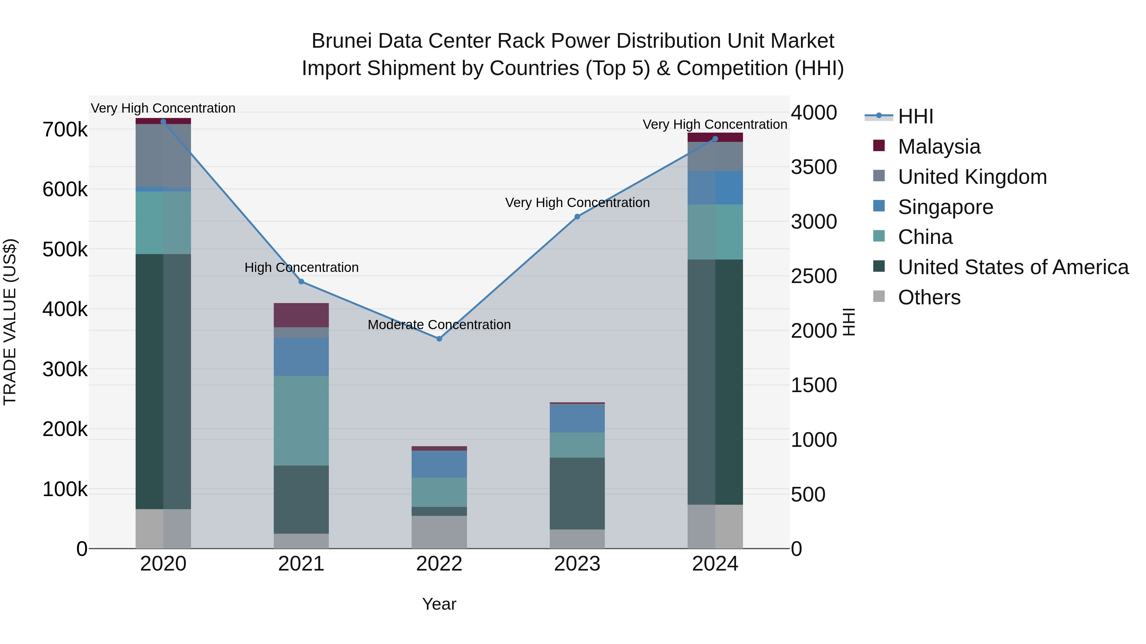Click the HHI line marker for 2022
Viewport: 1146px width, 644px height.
pyautogui.click(x=439, y=339)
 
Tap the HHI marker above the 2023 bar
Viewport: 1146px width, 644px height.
pyautogui.click(x=577, y=217)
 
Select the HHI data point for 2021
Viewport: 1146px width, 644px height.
pyautogui.click(x=301, y=282)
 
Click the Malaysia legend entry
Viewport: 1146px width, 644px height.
pyautogui.click(x=939, y=147)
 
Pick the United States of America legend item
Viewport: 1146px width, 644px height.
pyautogui.click(x=1013, y=267)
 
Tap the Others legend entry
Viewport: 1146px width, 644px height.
pyautogui.click(x=929, y=297)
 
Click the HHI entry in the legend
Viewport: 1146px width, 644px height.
pyautogui.click(x=915, y=116)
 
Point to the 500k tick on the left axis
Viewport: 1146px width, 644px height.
pyautogui.click(x=65, y=249)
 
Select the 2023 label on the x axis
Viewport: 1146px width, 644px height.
pyautogui.click(x=577, y=564)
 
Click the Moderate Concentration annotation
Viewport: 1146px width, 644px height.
pyautogui.click(x=439, y=325)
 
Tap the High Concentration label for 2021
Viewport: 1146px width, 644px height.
pyautogui.click(x=301, y=267)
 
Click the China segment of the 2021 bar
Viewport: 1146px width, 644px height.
pyautogui.click(x=301, y=420)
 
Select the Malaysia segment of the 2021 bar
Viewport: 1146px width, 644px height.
pyautogui.click(x=301, y=315)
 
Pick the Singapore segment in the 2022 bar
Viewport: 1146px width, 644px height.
pyautogui.click(x=439, y=464)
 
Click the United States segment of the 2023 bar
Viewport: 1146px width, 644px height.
pyautogui.click(x=577, y=493)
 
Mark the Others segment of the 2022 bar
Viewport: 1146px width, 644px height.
pyautogui.click(x=439, y=532)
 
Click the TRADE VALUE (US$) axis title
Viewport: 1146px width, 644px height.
pyautogui.click(x=10, y=322)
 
